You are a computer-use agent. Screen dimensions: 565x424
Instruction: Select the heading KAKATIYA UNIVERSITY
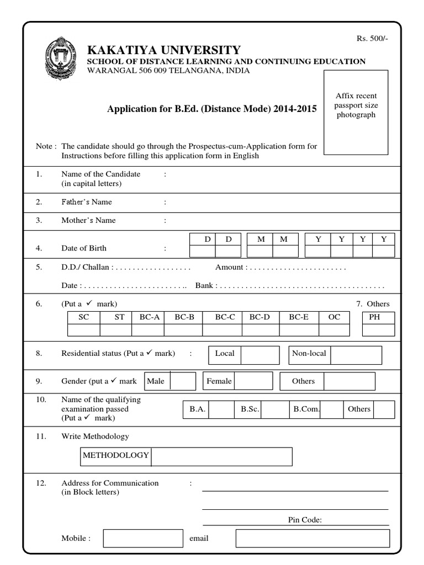click(164, 50)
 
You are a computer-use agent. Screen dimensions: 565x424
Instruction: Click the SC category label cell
click(84, 317)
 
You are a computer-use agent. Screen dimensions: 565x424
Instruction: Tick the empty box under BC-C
click(225, 330)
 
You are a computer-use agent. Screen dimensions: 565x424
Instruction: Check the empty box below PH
click(379, 330)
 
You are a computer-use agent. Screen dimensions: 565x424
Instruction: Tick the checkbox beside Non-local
click(356, 355)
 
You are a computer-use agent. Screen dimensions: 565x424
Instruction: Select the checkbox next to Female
click(253, 381)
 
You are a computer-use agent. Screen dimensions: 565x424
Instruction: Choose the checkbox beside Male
click(183, 381)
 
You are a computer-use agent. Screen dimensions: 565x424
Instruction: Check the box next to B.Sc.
click(275, 409)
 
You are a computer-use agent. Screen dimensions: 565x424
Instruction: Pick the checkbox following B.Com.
click(332, 409)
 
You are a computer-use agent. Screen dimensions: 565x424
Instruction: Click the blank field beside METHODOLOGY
click(221, 456)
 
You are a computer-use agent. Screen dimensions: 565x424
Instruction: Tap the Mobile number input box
click(143, 539)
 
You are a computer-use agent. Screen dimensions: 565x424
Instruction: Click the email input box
click(312, 539)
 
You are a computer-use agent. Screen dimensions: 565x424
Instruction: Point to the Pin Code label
click(305, 520)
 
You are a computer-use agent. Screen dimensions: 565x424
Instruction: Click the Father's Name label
click(87, 202)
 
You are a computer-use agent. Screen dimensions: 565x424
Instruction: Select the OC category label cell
click(334, 317)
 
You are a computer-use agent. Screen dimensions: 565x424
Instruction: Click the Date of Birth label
click(83, 248)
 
